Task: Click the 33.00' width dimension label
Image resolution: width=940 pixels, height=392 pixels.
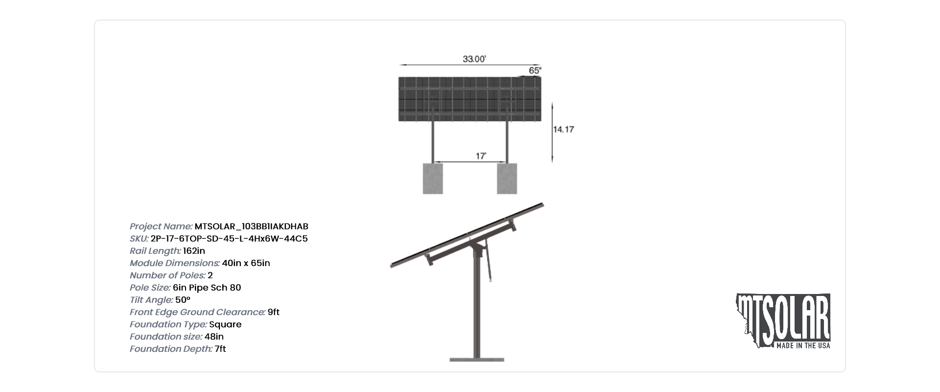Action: coord(474,59)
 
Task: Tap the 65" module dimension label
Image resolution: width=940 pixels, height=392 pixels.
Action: coord(535,71)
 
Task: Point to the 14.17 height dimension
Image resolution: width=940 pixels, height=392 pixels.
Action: coord(564,129)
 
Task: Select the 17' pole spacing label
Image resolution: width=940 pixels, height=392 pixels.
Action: coord(481,156)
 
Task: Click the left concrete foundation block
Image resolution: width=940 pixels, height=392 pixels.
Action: coord(433,178)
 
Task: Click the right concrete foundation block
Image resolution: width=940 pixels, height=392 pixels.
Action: coord(507,178)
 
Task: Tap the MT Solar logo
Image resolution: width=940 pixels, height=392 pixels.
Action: coord(783,321)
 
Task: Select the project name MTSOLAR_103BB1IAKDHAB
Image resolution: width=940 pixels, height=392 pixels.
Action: coord(252,226)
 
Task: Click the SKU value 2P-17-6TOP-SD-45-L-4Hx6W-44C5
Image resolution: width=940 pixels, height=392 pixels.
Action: coord(229,239)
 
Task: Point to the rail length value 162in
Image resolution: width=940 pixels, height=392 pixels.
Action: coord(194,251)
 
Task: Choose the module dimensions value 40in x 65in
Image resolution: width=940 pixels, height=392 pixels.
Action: coord(246,263)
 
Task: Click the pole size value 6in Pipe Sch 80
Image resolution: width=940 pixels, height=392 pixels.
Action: coord(207,288)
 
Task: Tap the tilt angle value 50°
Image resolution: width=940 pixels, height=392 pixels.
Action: coord(183,300)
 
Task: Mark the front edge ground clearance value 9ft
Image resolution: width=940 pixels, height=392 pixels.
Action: coord(274,312)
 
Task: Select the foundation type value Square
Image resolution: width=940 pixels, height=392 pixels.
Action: coord(225,324)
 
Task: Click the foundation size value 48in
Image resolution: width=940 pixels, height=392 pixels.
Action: coord(214,337)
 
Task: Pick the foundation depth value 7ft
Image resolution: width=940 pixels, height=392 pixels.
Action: coord(220,349)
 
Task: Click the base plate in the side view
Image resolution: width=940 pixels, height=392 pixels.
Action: coord(477,360)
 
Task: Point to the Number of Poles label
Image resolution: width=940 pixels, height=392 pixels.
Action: coord(167,275)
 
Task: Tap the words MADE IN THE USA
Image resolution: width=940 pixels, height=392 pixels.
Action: coord(803,345)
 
